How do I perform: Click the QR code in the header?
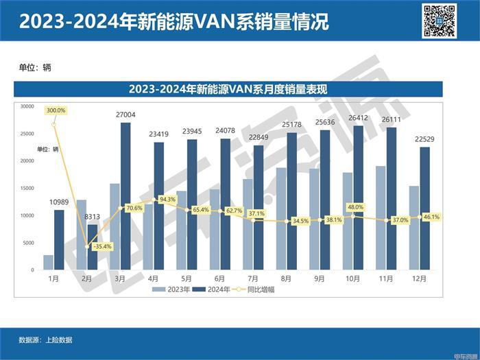coord(439,21)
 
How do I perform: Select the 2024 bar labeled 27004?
coord(125,196)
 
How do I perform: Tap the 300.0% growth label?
coord(56,110)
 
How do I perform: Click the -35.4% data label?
coord(101,246)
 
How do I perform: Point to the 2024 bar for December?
coord(424,208)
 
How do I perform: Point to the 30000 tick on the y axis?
coord(27,106)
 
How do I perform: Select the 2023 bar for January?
coord(48,263)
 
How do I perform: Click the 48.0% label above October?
coord(355,206)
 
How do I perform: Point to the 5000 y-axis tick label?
coord(27,243)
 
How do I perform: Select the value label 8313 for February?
coord(93,217)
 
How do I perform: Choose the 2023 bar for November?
coord(380,218)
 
